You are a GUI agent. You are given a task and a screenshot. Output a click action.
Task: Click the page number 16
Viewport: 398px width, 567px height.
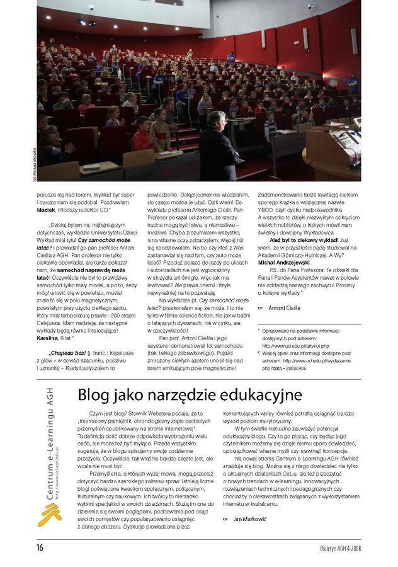(x=39, y=547)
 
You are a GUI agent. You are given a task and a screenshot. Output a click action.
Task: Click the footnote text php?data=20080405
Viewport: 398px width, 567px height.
(x=284, y=368)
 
